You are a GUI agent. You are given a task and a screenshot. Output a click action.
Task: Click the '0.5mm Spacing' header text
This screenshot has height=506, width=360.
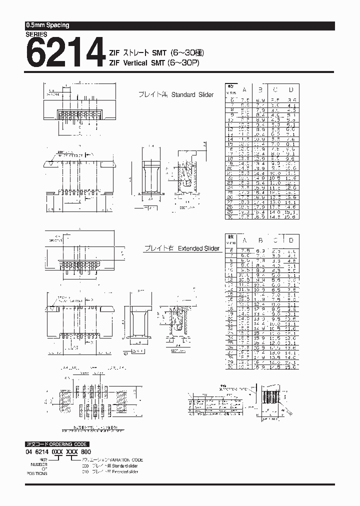pos(47,25)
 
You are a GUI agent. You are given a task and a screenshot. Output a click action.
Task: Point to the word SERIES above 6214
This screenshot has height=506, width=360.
pos(36,34)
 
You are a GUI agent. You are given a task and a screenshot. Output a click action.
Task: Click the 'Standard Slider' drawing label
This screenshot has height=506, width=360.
pos(192,94)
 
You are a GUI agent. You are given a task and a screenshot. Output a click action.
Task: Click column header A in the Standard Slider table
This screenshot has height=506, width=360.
pos(244,89)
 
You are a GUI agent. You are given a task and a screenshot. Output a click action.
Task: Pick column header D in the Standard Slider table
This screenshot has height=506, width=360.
pos(291,89)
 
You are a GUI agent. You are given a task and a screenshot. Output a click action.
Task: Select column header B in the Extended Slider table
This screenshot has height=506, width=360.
pos(260,239)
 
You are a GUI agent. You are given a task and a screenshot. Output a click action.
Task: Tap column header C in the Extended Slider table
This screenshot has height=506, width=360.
pos(275,239)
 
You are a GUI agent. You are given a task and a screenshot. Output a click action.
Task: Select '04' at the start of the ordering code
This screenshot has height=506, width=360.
pos(28,451)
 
